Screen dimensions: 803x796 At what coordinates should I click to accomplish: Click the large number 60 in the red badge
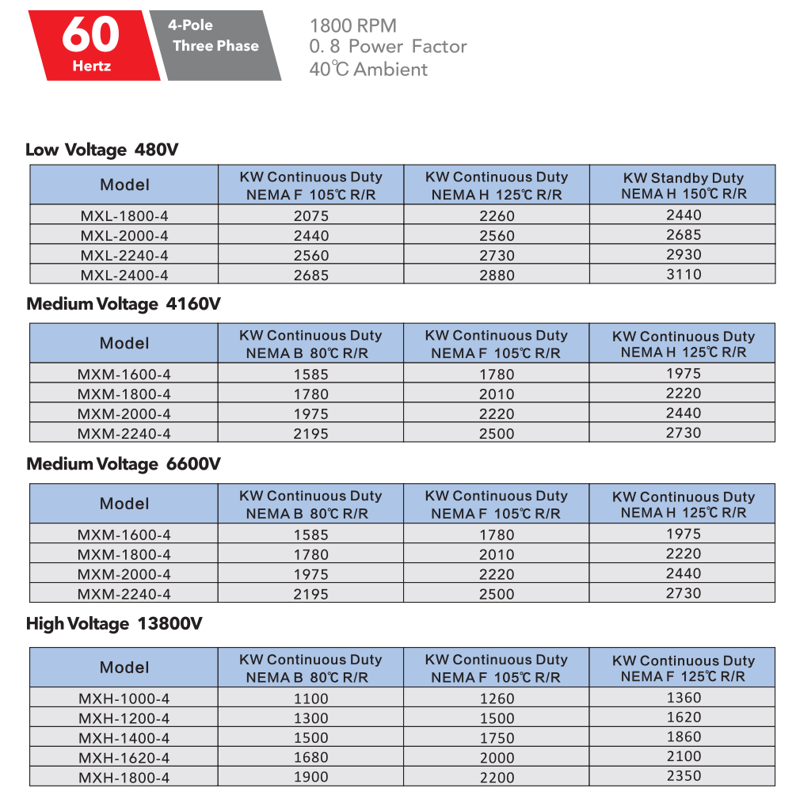[x=91, y=35]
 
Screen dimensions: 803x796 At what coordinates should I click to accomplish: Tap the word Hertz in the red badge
[x=91, y=66]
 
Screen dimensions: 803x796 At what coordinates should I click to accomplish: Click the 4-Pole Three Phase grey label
[x=214, y=36]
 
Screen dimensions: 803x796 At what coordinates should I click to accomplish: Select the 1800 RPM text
[x=353, y=26]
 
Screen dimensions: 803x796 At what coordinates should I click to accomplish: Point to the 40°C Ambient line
[x=368, y=70]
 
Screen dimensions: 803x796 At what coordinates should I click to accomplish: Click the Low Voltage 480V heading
[x=106, y=150]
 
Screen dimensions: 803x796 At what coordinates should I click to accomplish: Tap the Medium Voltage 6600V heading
[x=124, y=464]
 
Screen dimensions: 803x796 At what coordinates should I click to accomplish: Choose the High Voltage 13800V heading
[x=114, y=624]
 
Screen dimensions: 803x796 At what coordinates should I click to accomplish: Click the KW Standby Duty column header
[x=683, y=185]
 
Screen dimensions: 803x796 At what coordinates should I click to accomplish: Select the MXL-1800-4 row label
[x=124, y=215]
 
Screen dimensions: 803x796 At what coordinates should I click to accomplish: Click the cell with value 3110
[x=683, y=274]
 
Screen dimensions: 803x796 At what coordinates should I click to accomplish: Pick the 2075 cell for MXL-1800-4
[x=310, y=215]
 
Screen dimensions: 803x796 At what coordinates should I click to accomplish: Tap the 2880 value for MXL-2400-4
[x=497, y=276]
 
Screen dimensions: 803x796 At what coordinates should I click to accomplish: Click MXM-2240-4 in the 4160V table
[x=124, y=433]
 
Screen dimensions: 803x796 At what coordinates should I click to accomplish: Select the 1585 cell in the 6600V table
[x=310, y=535]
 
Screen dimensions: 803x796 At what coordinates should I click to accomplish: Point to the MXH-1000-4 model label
[x=124, y=698]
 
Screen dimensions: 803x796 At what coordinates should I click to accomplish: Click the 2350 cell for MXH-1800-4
[x=683, y=776]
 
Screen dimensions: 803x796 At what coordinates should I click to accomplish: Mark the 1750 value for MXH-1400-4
[x=497, y=738]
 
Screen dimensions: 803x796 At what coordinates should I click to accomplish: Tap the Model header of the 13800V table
[x=124, y=668]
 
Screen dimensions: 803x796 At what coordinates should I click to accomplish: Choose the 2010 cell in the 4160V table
[x=497, y=394]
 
